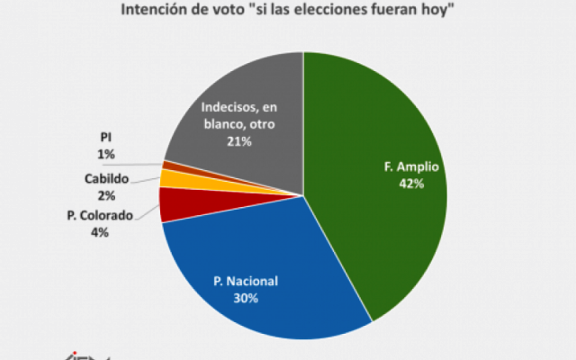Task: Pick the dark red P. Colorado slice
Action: pos(173,205)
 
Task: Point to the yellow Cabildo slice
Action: pos(167,178)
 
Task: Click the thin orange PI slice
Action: pos(167,165)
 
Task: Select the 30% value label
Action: pos(246,298)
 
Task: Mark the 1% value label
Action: pos(108,155)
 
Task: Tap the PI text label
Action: pos(108,139)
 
